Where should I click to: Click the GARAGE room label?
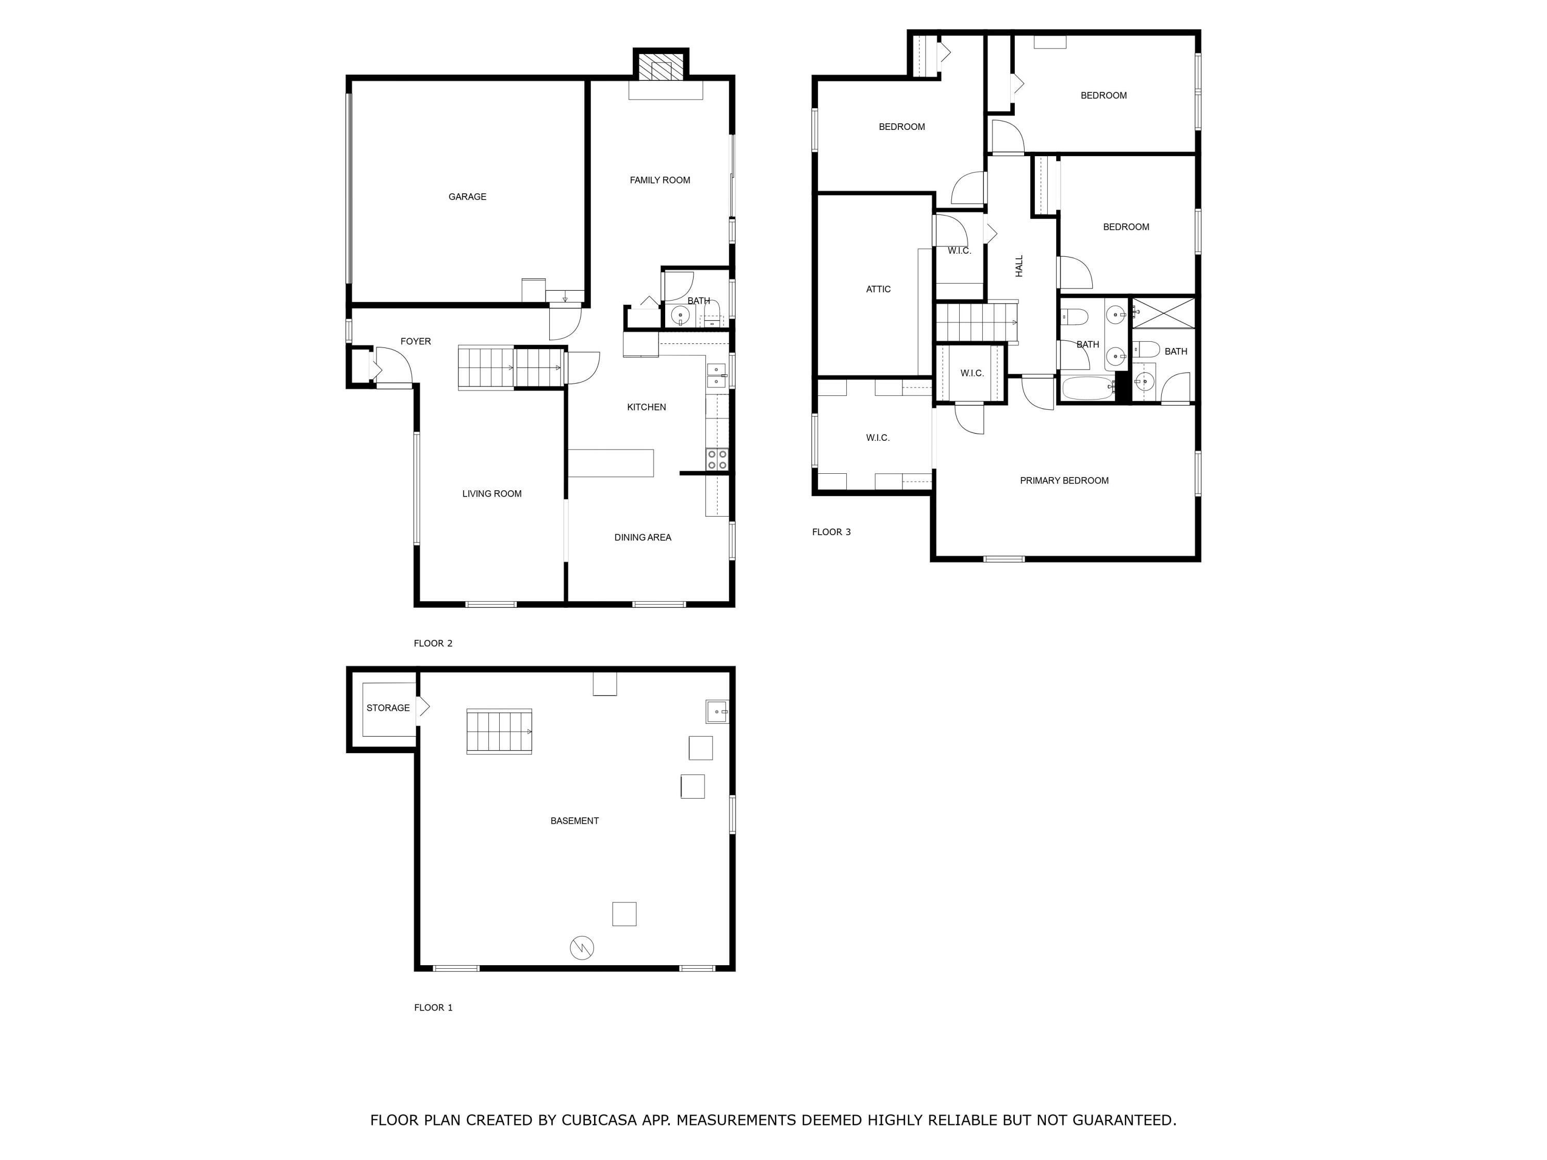[467, 197]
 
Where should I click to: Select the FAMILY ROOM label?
[660, 180]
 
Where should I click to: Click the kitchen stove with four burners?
[717, 459]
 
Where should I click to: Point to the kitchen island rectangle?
[611, 463]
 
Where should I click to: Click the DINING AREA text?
[642, 538]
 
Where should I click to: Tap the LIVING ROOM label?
[491, 494]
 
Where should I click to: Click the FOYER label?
[416, 342]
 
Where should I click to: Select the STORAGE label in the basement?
[388, 708]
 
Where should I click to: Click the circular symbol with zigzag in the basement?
[582, 948]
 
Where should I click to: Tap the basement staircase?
[499, 732]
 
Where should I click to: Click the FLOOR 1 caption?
[433, 1007]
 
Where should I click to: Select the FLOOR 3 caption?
[831, 532]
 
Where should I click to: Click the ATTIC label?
[878, 289]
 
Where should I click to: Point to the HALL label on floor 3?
[1019, 266]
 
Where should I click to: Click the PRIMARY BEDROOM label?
[1064, 481]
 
